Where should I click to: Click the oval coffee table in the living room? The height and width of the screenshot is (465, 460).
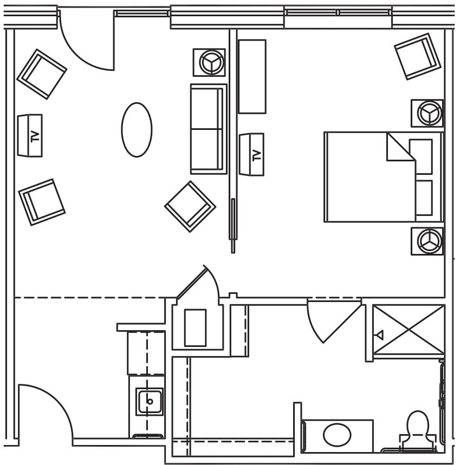pos(137,130)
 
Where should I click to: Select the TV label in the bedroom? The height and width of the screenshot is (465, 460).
pos(256,155)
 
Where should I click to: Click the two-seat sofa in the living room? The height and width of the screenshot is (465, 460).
pos(208,129)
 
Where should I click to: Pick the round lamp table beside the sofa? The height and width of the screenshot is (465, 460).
pos(209,62)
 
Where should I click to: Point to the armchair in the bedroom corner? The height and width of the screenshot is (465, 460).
pos(417,56)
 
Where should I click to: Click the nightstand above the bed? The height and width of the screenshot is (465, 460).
pos(427,113)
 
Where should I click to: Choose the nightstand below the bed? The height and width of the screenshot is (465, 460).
pos(427,241)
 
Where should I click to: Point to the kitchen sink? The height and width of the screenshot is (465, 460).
pos(149,402)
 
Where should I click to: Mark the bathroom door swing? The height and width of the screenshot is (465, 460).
pos(331,319)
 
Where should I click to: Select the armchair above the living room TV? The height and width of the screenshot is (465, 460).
pos(42,74)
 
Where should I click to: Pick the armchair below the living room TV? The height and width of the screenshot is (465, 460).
pos(42,202)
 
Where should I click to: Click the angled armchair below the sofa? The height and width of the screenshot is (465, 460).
pos(190,206)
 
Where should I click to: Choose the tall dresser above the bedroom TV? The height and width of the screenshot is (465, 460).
pos(252,76)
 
